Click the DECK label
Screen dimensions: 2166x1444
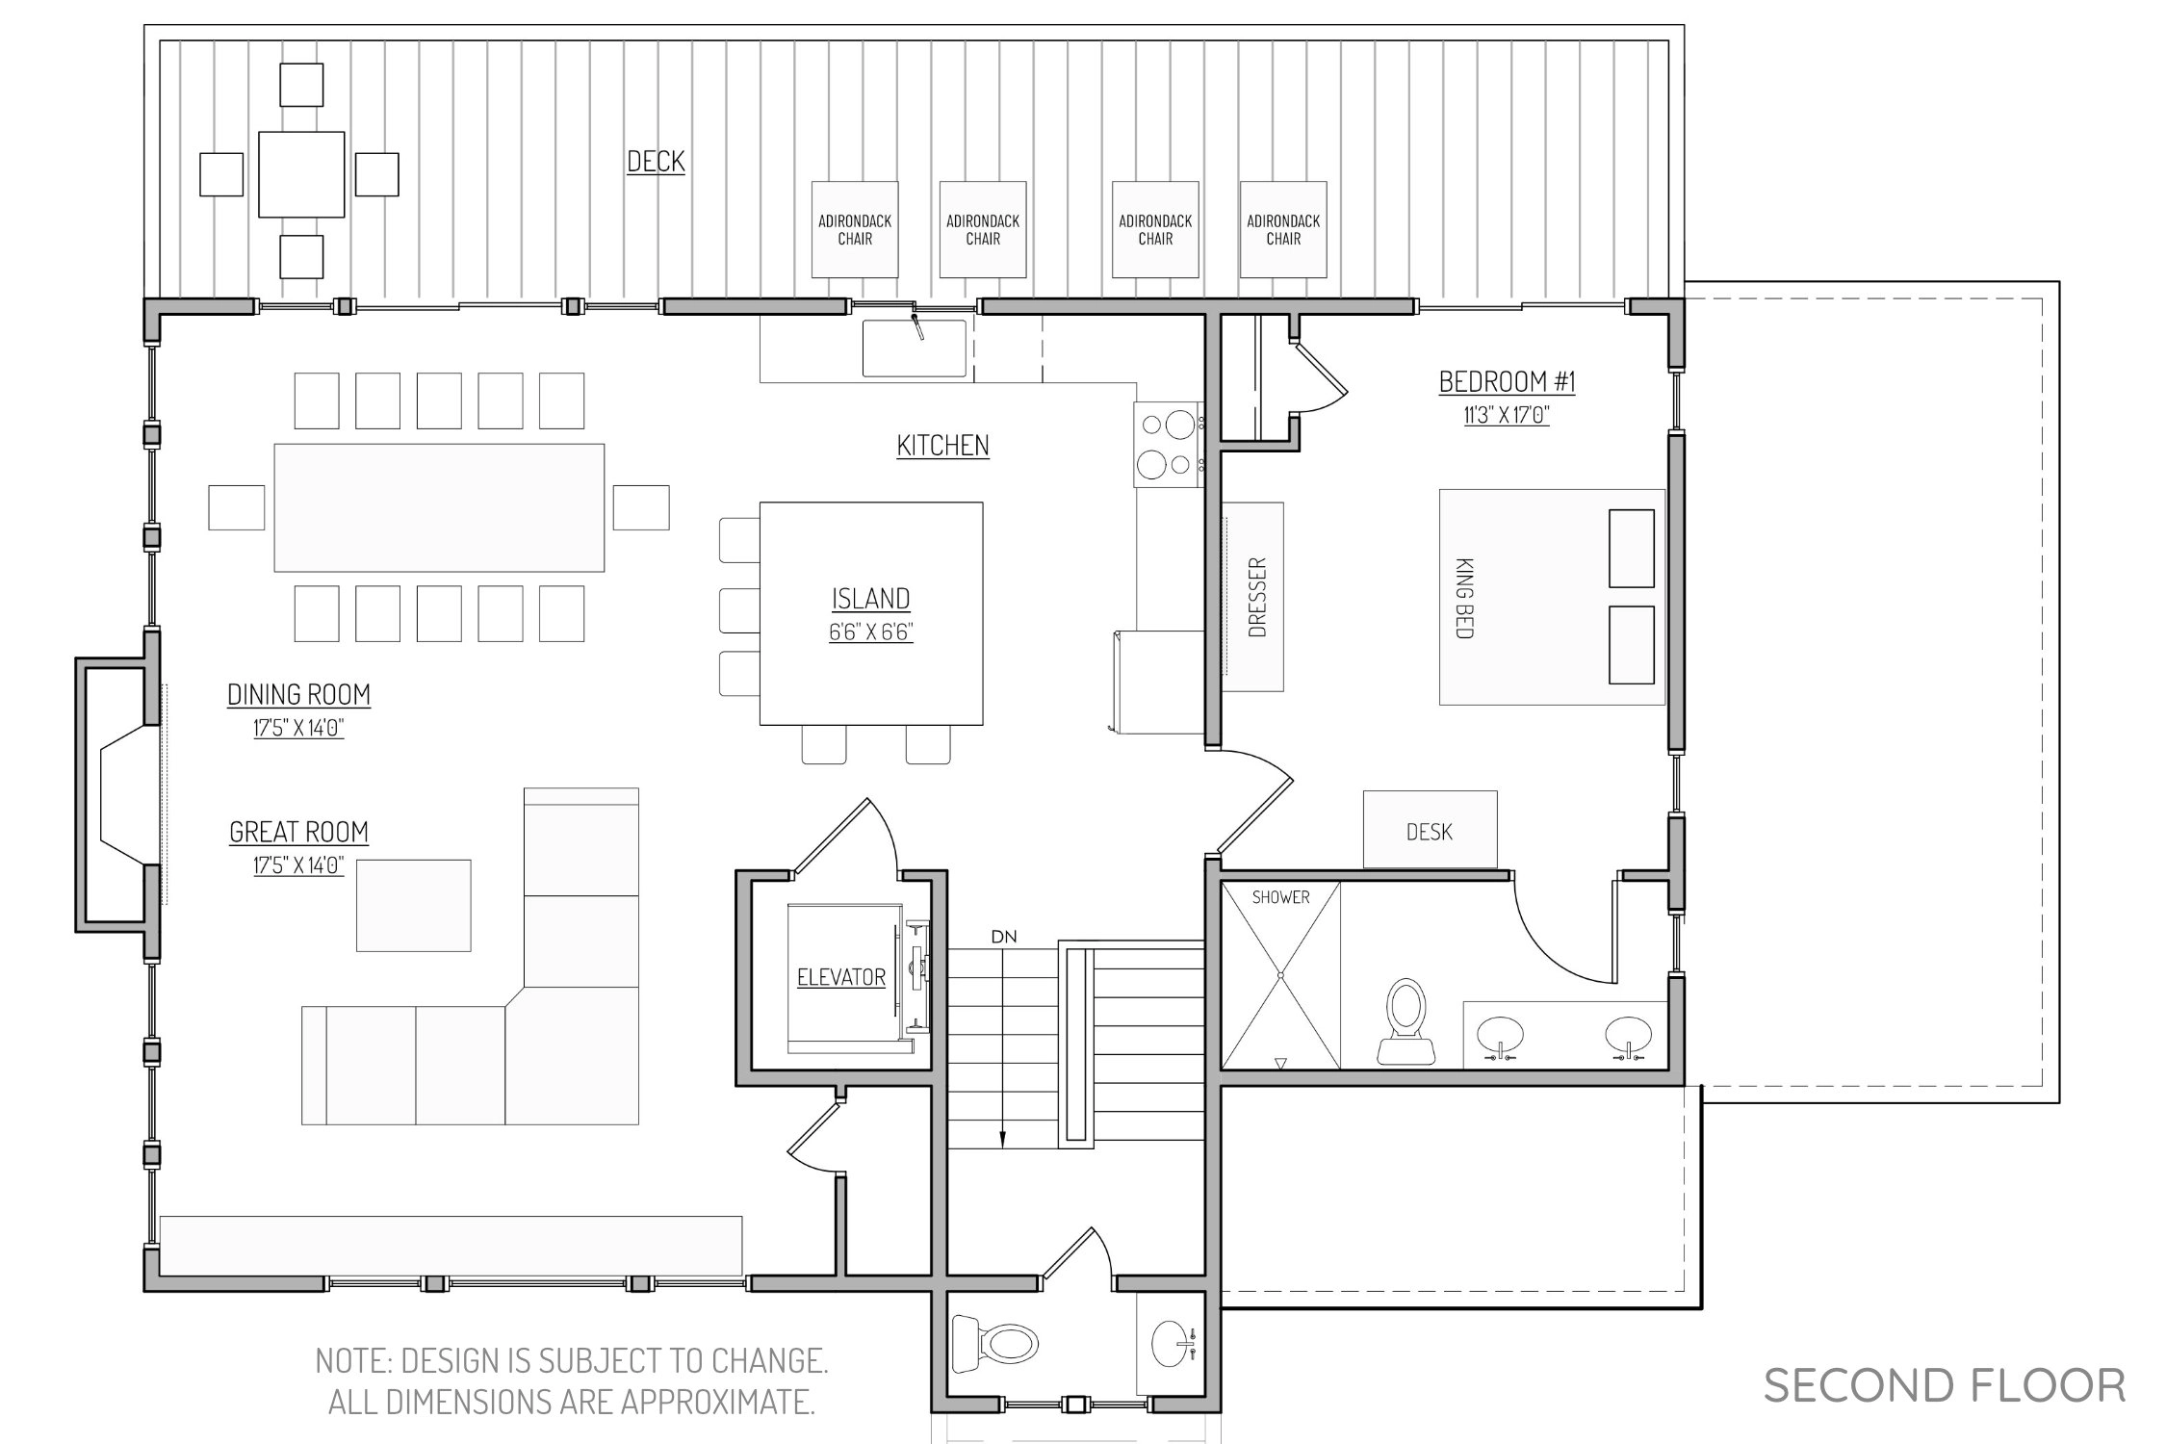click(x=656, y=162)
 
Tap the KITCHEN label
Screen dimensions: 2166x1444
click(x=942, y=446)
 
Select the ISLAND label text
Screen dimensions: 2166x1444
click(x=870, y=599)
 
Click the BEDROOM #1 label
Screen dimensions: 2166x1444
click(x=1507, y=382)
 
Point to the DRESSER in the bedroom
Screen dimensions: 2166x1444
click(x=1253, y=597)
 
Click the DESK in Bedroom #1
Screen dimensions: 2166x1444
click(x=1430, y=830)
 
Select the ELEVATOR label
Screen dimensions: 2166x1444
click(x=841, y=977)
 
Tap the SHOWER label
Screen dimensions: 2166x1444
click(x=1280, y=897)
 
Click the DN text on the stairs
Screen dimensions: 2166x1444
click(x=1004, y=937)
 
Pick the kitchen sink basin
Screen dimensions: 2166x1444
click(x=914, y=348)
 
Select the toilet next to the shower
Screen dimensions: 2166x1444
click(x=1406, y=1021)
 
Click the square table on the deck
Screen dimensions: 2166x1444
click(x=301, y=174)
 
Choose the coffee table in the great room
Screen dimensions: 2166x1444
click(x=414, y=905)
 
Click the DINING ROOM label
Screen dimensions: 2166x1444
click(x=298, y=694)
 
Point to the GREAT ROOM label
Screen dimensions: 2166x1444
click(x=298, y=832)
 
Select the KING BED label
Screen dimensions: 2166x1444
click(x=1464, y=597)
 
